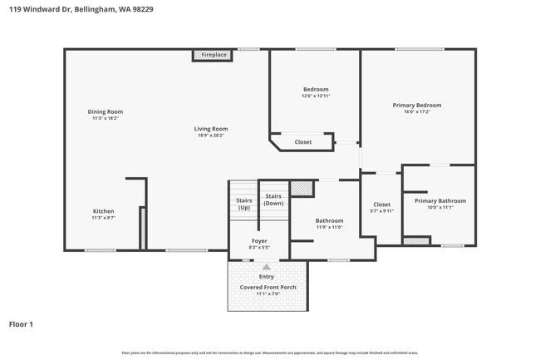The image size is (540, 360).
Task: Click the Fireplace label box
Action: coord(214,55)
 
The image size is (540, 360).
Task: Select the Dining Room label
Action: coord(106,111)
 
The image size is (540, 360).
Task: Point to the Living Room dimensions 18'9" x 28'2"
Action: coord(211,136)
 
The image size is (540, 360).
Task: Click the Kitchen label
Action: coord(103,211)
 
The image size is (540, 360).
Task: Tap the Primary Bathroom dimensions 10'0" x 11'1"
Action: coord(439,207)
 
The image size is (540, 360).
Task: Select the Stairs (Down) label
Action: coord(273,200)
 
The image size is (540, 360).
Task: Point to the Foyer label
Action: coord(259,241)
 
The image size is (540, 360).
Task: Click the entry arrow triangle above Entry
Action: coord(267,267)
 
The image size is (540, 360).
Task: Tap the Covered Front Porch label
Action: coord(268,287)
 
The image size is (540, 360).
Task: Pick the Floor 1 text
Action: coord(21,323)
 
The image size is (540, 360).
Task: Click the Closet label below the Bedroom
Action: coord(303,142)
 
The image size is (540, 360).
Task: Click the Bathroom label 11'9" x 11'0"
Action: coord(329,220)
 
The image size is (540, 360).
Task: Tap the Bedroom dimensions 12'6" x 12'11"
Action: coord(316,96)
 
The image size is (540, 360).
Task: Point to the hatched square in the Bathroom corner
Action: coord(302,188)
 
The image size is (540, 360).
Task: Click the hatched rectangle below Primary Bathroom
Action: coord(416,241)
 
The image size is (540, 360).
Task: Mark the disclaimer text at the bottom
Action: coord(270,353)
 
